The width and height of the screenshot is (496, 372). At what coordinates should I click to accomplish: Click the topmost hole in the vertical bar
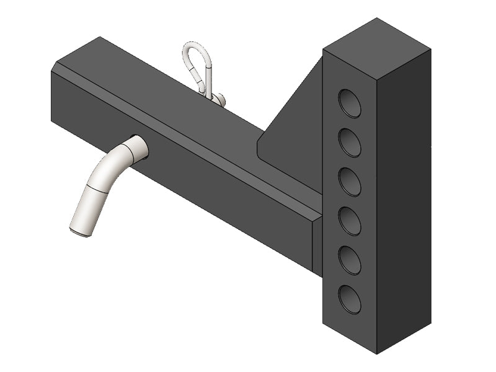(350, 103)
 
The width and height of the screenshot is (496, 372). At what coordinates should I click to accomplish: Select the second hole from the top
(350, 143)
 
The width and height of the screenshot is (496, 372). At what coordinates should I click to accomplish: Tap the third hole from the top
(350, 182)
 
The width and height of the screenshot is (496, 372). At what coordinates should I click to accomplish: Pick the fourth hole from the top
(350, 221)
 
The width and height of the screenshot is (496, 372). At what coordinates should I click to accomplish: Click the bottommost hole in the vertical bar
(350, 299)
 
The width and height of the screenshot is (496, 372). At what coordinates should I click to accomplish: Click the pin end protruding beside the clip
(219, 98)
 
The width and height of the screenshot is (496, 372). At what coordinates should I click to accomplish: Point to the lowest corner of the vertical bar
(377, 353)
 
